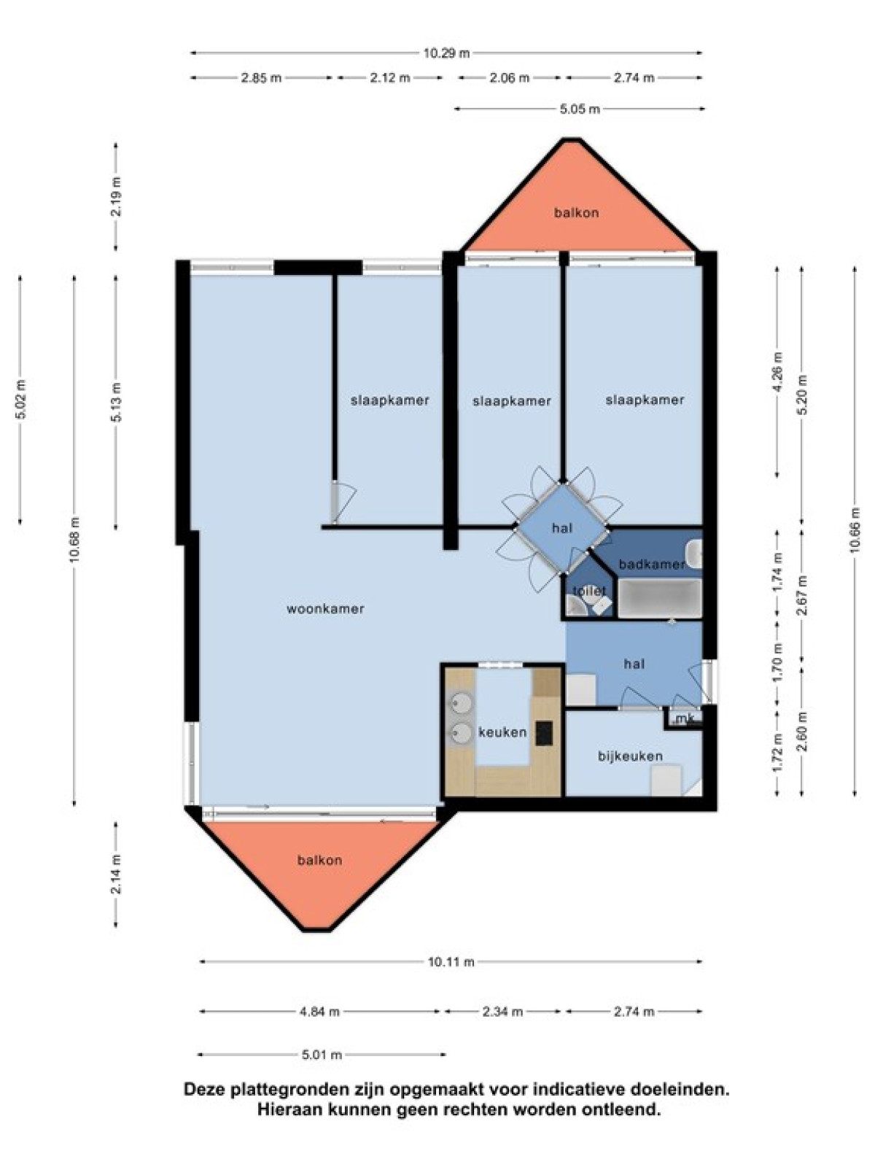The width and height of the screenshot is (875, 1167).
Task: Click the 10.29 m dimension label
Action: pyautogui.click(x=446, y=53)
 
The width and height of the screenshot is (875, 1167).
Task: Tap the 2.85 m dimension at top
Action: pyautogui.click(x=261, y=77)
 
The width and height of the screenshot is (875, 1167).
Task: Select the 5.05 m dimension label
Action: pyautogui.click(x=580, y=109)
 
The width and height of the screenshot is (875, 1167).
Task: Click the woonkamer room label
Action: pyautogui.click(x=325, y=609)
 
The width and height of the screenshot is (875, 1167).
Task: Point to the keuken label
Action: pyautogui.click(x=502, y=732)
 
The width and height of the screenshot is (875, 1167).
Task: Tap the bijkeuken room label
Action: pyautogui.click(x=630, y=756)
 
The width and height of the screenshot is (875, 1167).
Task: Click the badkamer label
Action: pyautogui.click(x=652, y=565)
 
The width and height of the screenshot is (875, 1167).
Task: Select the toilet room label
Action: pyautogui.click(x=589, y=591)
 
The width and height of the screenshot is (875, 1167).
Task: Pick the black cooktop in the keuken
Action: pyautogui.click(x=543, y=733)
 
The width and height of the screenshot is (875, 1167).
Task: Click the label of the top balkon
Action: pyautogui.click(x=576, y=213)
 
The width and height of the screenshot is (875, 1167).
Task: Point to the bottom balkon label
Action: pyautogui.click(x=320, y=860)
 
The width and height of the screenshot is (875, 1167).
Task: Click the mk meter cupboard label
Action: pyautogui.click(x=682, y=721)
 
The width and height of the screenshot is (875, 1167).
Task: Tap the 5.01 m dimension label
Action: pyautogui.click(x=322, y=1055)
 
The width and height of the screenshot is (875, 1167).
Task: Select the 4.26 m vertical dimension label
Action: pyautogui.click(x=778, y=372)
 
